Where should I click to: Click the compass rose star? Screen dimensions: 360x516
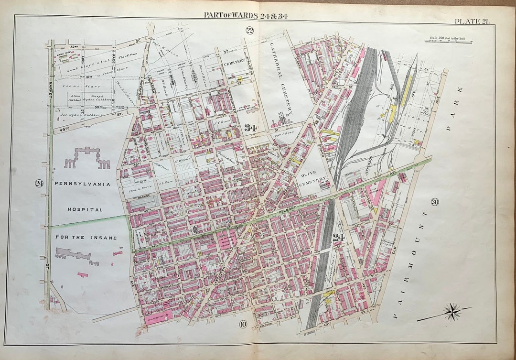451,312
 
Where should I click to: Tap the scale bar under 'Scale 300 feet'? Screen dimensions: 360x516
448,42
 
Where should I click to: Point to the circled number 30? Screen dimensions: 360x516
434,201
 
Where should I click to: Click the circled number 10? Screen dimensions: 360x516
243,325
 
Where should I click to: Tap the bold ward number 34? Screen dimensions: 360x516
250,128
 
